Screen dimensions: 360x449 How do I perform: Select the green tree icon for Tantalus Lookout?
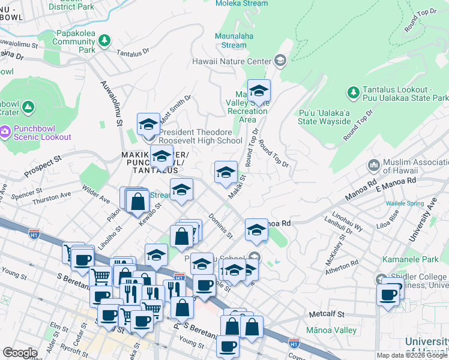[353, 92]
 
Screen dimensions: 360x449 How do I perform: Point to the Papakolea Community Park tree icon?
[105, 40]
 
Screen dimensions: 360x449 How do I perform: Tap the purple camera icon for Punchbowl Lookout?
[5, 130]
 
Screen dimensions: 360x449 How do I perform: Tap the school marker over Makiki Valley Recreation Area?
[259, 91]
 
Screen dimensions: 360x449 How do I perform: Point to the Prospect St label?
[43, 167]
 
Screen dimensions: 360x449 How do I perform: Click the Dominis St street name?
[220, 226]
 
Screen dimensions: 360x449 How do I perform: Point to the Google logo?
[20, 353]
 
